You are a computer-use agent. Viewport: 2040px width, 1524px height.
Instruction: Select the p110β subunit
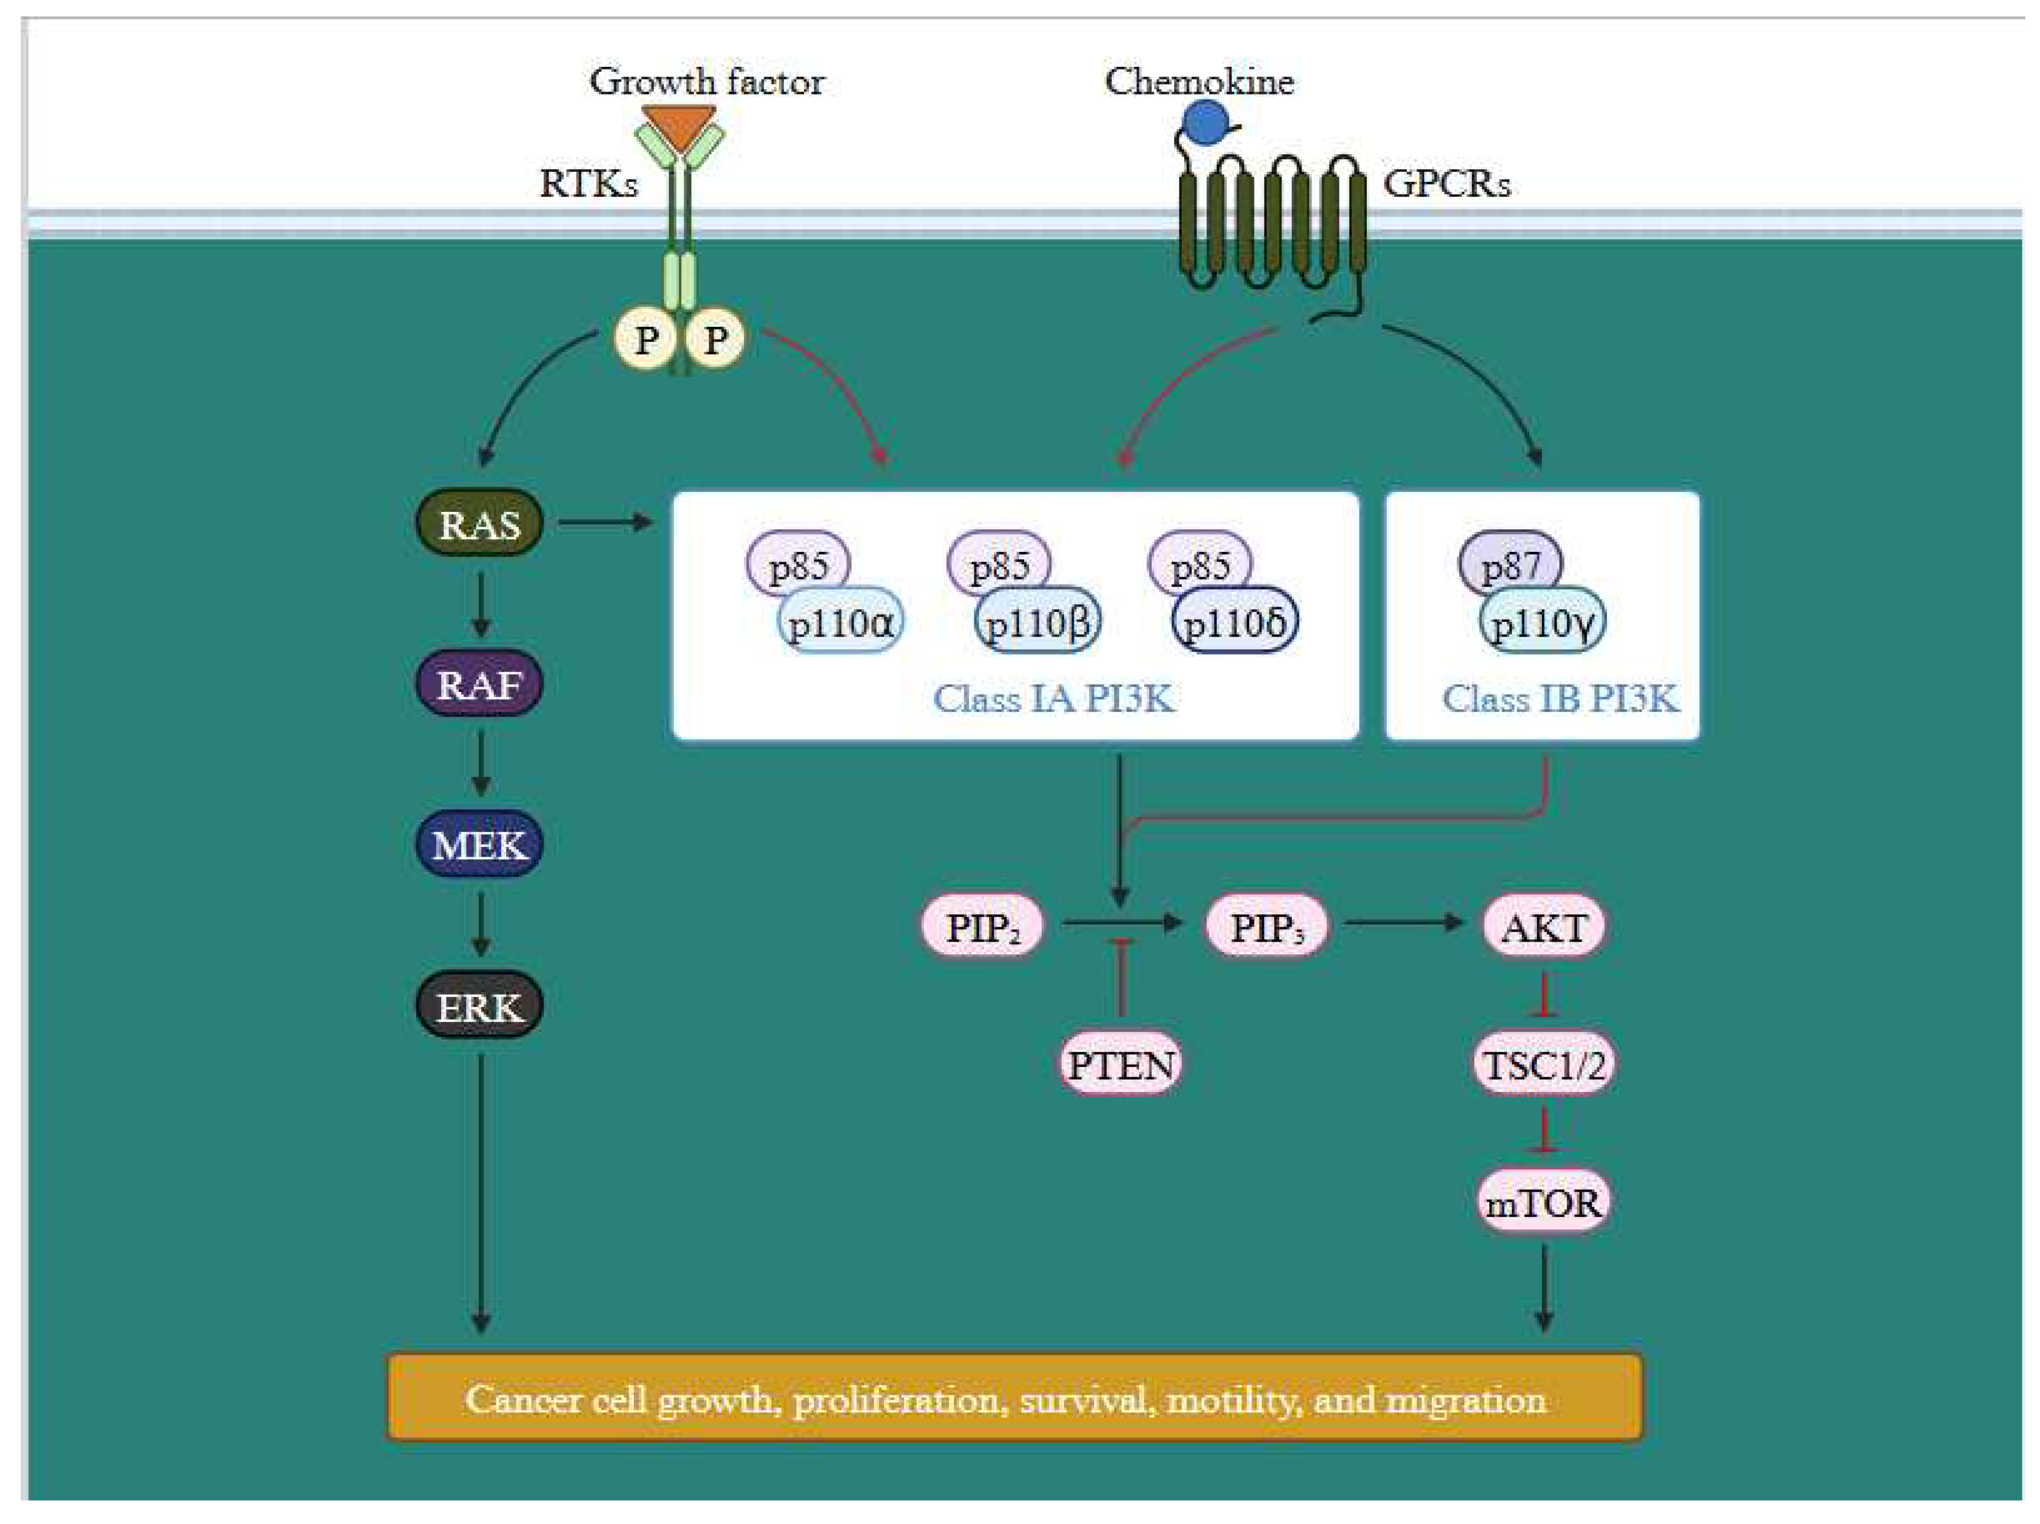(x=1038, y=623)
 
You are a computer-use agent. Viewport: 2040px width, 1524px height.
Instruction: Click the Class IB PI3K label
(x=1559, y=698)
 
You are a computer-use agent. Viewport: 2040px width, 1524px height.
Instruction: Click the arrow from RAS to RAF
(x=479, y=604)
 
